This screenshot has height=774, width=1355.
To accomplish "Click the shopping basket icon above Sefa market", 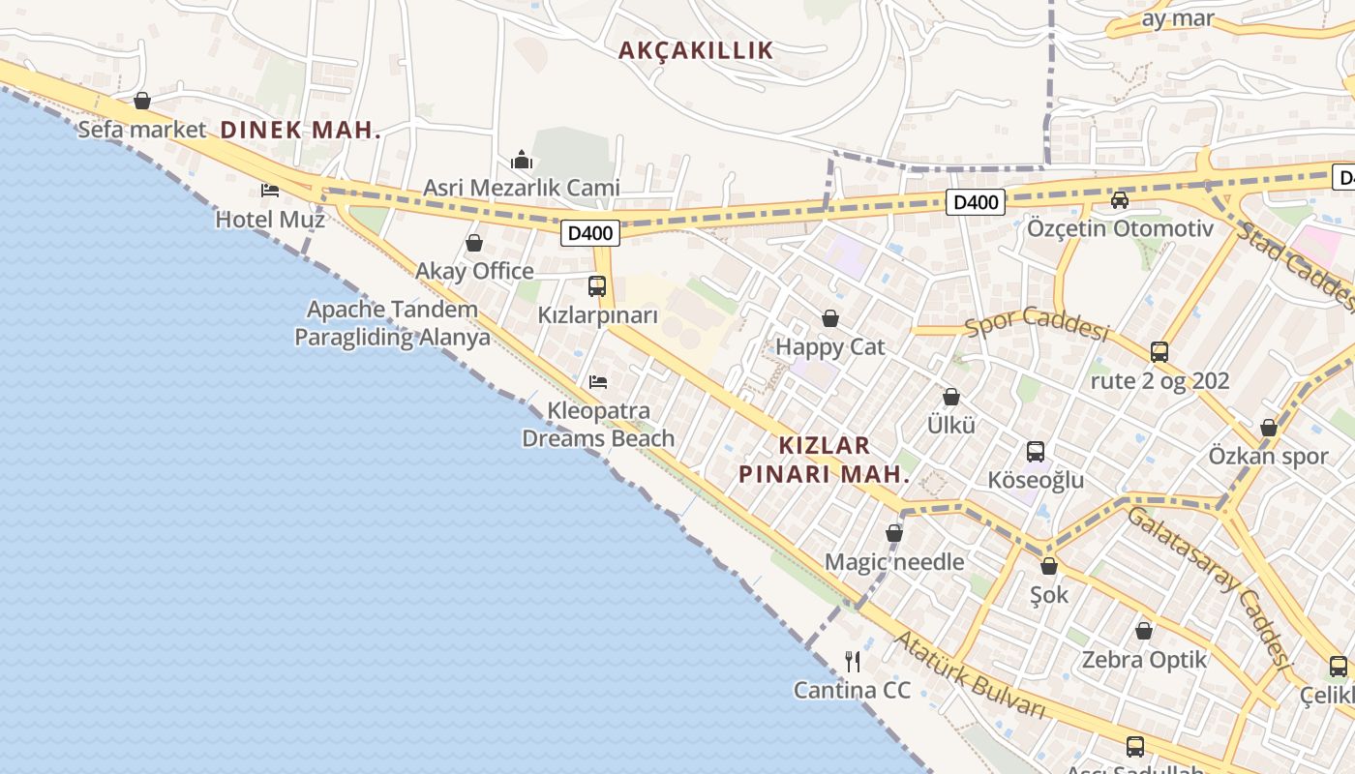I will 142,101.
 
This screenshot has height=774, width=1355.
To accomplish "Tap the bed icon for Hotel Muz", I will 270,190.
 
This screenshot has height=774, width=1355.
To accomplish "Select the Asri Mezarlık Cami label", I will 522,188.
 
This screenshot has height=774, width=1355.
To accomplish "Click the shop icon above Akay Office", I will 474,243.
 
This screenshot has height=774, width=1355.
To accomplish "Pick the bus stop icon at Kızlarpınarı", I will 597,286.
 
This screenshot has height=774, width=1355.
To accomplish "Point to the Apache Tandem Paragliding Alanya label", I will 392,323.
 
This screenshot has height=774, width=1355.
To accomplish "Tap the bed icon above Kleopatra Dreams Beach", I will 598,382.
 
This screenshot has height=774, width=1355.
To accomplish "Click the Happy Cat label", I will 830,346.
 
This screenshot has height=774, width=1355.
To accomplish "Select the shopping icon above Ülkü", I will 951,397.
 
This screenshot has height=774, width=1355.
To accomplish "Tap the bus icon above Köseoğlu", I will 1036,452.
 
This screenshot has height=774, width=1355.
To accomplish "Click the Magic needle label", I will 894,561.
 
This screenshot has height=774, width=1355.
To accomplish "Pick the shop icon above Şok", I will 1049,566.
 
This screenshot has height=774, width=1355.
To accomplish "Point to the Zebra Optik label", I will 1144,660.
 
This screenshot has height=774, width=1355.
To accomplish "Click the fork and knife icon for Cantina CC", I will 853,662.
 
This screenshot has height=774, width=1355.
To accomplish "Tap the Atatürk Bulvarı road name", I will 969,674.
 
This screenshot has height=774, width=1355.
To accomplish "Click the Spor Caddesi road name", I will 1037,323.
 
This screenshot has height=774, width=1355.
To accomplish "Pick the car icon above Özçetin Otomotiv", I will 1120,200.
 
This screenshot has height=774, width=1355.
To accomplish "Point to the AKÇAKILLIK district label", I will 696,50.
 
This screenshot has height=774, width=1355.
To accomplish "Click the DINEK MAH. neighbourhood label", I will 301,130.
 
